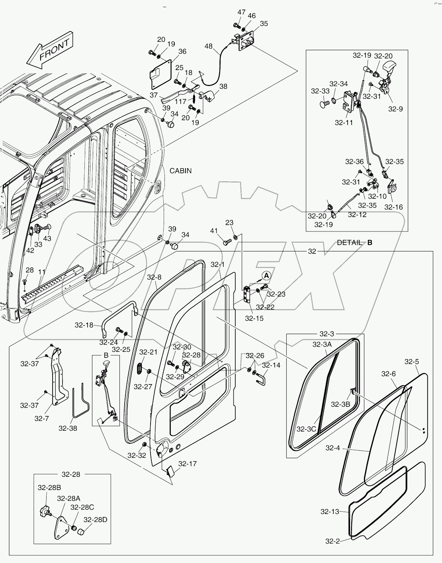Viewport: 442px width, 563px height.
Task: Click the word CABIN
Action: [x=180, y=171]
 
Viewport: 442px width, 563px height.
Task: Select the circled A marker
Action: [x=266, y=275]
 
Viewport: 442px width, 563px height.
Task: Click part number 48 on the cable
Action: [x=209, y=46]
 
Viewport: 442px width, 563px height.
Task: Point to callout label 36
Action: [x=182, y=51]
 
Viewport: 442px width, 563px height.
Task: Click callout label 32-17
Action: [x=187, y=464]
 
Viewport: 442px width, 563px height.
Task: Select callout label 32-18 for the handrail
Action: [x=84, y=325]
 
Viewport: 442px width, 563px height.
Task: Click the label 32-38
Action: [x=68, y=428]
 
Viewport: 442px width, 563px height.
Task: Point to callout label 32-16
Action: [x=393, y=207]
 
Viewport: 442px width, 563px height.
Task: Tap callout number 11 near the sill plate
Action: [x=41, y=272]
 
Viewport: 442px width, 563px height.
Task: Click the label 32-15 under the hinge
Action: [x=254, y=318]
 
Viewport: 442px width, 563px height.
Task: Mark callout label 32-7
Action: [x=41, y=418]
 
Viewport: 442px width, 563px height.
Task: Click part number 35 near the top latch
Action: [x=264, y=24]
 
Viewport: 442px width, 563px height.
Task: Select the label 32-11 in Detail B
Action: [x=344, y=123]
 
